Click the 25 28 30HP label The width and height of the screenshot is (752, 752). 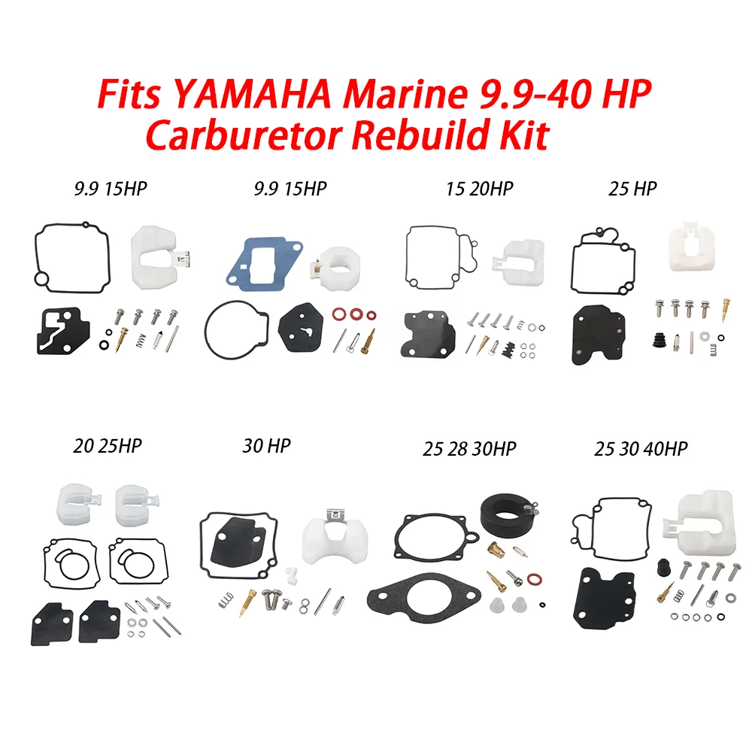(469, 449)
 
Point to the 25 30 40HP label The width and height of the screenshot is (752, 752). (641, 449)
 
